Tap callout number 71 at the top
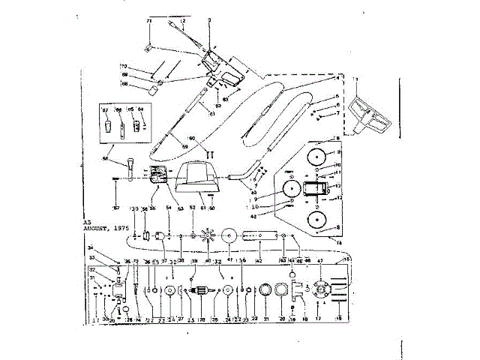click(148, 20)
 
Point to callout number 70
click(124, 67)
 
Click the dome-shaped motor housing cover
click(195, 178)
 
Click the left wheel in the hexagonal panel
click(289, 190)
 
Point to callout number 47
click(320, 262)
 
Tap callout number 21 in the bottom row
click(265, 319)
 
